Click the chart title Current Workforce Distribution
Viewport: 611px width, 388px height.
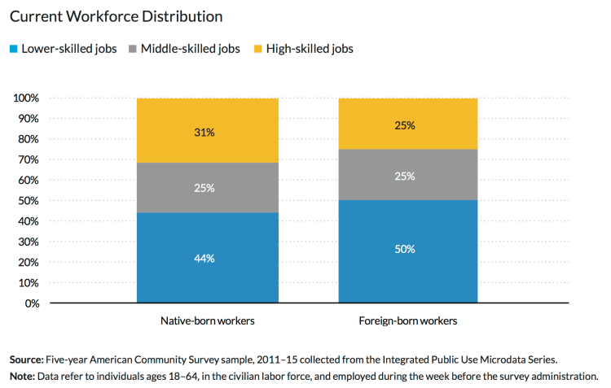coord(116,16)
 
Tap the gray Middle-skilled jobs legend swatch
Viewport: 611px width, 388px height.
coord(133,49)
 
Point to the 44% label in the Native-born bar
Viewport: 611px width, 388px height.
coord(204,259)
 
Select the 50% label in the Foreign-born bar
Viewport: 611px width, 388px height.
coord(405,249)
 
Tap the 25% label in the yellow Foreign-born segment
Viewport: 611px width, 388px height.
coord(405,125)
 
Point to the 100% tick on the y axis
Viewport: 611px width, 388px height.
coord(27,98)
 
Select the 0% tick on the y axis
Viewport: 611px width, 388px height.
coord(32,303)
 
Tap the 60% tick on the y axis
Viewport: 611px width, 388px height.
coord(29,181)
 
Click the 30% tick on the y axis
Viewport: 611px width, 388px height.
coord(29,242)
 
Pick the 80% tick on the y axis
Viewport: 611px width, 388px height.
coord(29,139)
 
